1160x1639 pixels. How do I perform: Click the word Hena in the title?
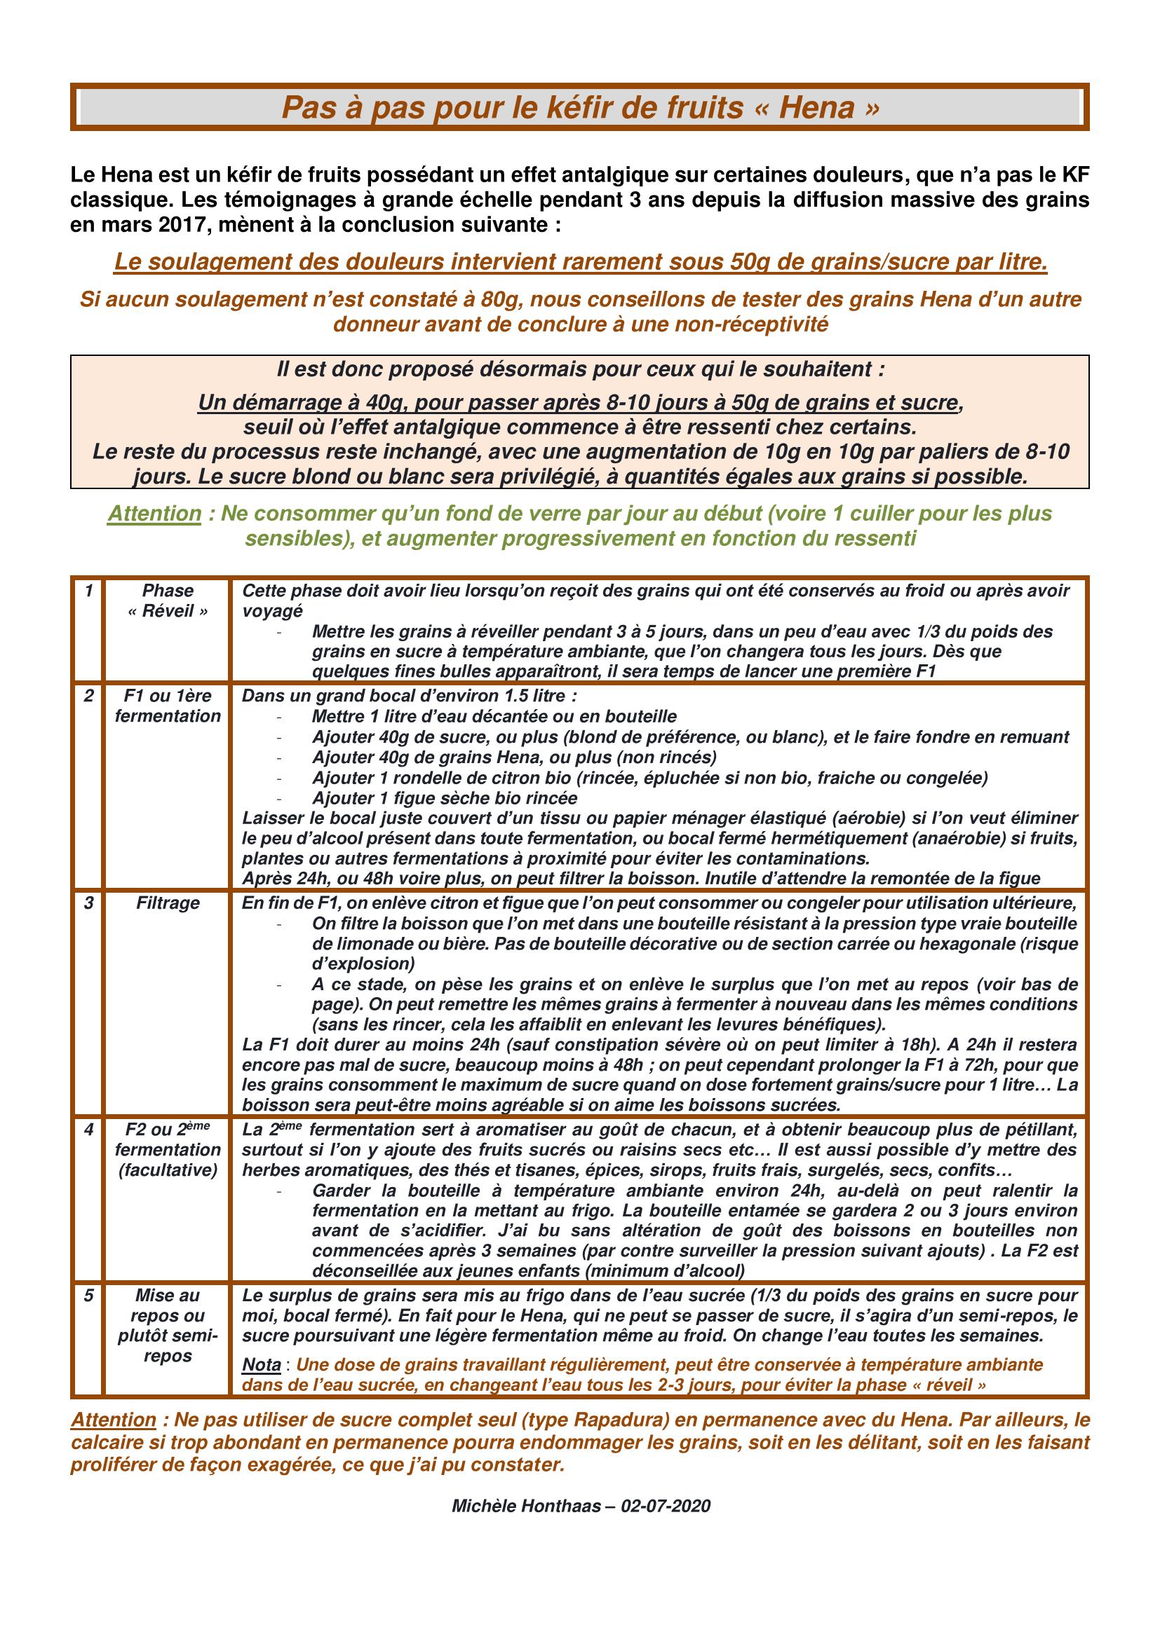pyautogui.click(x=816, y=108)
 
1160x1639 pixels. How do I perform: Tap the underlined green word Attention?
pyautogui.click(x=154, y=513)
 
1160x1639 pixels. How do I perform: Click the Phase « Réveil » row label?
pyautogui.click(x=168, y=601)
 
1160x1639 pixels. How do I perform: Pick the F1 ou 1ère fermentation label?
pyautogui.click(x=168, y=706)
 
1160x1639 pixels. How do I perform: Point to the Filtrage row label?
pyautogui.click(x=168, y=903)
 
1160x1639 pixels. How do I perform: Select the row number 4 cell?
pyautogui.click(x=88, y=1130)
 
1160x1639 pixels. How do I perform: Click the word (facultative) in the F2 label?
pyautogui.click(x=168, y=1170)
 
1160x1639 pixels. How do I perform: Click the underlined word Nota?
pyautogui.click(x=262, y=1365)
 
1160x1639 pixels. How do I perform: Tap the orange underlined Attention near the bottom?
pyautogui.click(x=114, y=1419)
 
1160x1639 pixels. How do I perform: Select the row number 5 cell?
pyautogui.click(x=88, y=1295)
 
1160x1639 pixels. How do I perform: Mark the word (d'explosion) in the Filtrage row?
pyautogui.click(x=363, y=963)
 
